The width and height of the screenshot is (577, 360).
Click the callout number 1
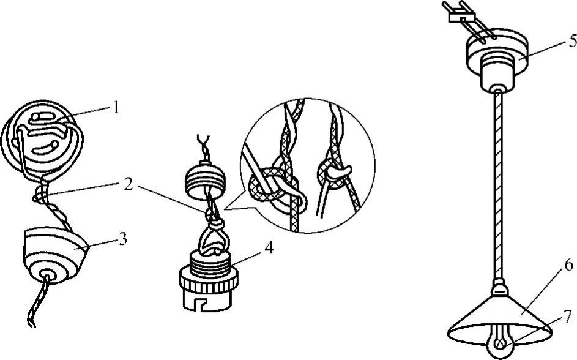point(116,108)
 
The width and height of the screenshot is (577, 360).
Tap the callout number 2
point(128,185)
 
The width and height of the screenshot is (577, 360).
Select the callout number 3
point(122,239)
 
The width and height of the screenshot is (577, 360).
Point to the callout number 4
point(269,248)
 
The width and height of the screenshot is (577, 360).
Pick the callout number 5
point(572,41)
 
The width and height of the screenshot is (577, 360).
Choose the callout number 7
point(568,315)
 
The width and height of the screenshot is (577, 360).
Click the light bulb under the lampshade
point(500,341)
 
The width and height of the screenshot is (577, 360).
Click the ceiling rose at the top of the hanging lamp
point(497,59)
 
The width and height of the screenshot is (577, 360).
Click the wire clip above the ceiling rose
point(461,17)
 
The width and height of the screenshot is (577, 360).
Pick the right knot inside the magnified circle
point(333,173)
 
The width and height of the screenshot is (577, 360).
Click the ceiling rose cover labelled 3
point(54,255)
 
